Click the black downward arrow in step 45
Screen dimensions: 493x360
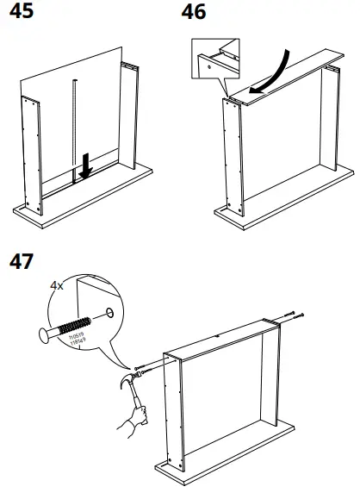coord(85,167)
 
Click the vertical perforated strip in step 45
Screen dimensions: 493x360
coord(75,129)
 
